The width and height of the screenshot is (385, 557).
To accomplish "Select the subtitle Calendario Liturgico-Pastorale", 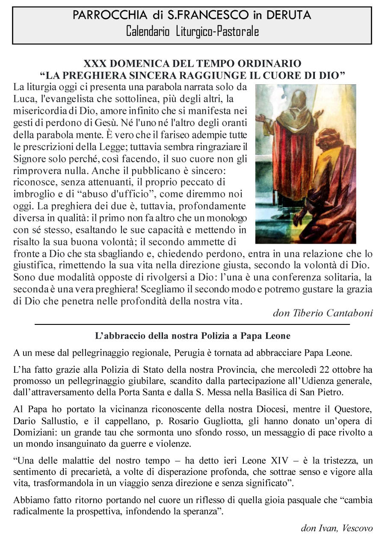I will pos(192,32).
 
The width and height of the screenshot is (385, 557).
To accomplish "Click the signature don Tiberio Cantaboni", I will pos(323,313).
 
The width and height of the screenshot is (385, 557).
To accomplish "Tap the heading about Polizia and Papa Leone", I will pos(192,336).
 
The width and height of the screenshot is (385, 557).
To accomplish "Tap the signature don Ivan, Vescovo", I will pos(337,528).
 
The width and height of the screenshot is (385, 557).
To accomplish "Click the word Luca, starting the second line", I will pos(24,99).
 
